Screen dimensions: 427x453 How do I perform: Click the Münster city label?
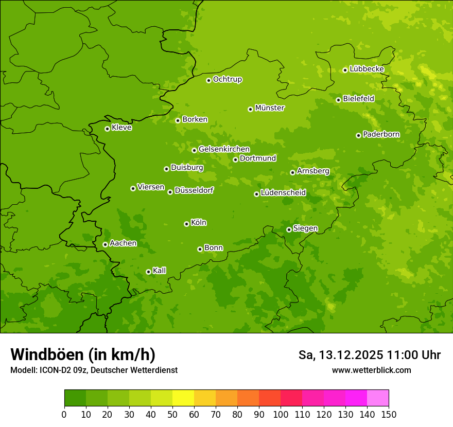click(x=270, y=108)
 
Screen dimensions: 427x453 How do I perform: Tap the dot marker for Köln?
click(x=186, y=224)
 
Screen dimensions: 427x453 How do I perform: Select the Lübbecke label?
click(x=367, y=69)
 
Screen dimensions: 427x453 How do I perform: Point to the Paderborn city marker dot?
click(x=358, y=135)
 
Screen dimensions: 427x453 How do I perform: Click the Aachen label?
click(x=123, y=243)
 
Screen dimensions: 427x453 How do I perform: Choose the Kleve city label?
click(x=121, y=128)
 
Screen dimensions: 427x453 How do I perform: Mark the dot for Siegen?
click(x=289, y=229)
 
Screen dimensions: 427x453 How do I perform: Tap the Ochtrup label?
click(x=227, y=79)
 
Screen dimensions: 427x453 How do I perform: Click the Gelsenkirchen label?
click(x=224, y=149)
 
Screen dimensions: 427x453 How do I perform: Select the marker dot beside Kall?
click(x=148, y=272)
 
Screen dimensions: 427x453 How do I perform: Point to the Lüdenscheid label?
click(x=283, y=193)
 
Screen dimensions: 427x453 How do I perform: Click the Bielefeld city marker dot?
click(x=338, y=100)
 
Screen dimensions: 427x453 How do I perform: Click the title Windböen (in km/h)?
click(x=83, y=354)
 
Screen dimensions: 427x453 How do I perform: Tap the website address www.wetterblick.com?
click(x=371, y=370)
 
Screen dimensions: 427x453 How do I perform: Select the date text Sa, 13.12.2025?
click(x=341, y=355)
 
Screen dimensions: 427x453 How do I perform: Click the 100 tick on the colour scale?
click(x=281, y=414)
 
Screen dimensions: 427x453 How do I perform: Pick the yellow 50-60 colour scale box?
click(x=183, y=398)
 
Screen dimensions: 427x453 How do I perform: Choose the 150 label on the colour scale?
click(x=389, y=414)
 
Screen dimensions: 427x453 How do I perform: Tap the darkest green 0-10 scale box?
click(x=75, y=398)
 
